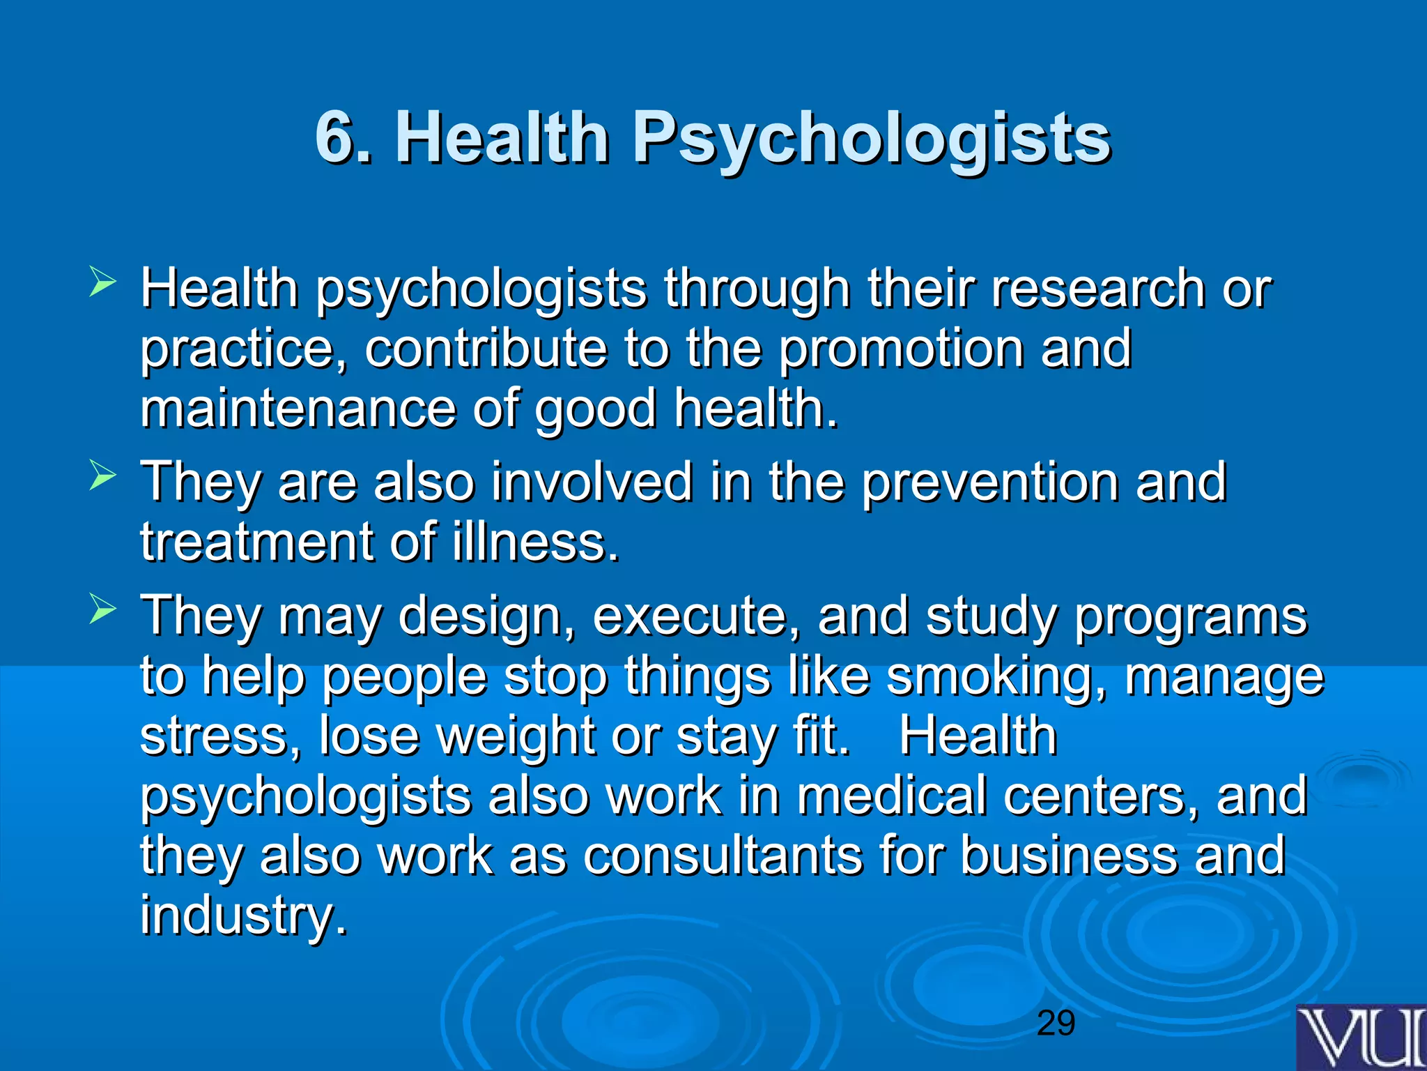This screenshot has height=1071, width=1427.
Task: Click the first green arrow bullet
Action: pos(102,284)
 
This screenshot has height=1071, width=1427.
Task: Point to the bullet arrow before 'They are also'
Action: pos(102,477)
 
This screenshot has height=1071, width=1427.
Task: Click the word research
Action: pos(1098,288)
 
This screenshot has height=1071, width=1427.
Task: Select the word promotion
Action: pos(900,348)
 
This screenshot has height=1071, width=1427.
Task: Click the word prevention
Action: pos(989,482)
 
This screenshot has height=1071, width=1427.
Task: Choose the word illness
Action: pos(534,542)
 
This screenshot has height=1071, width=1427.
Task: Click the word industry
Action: pos(243,916)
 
